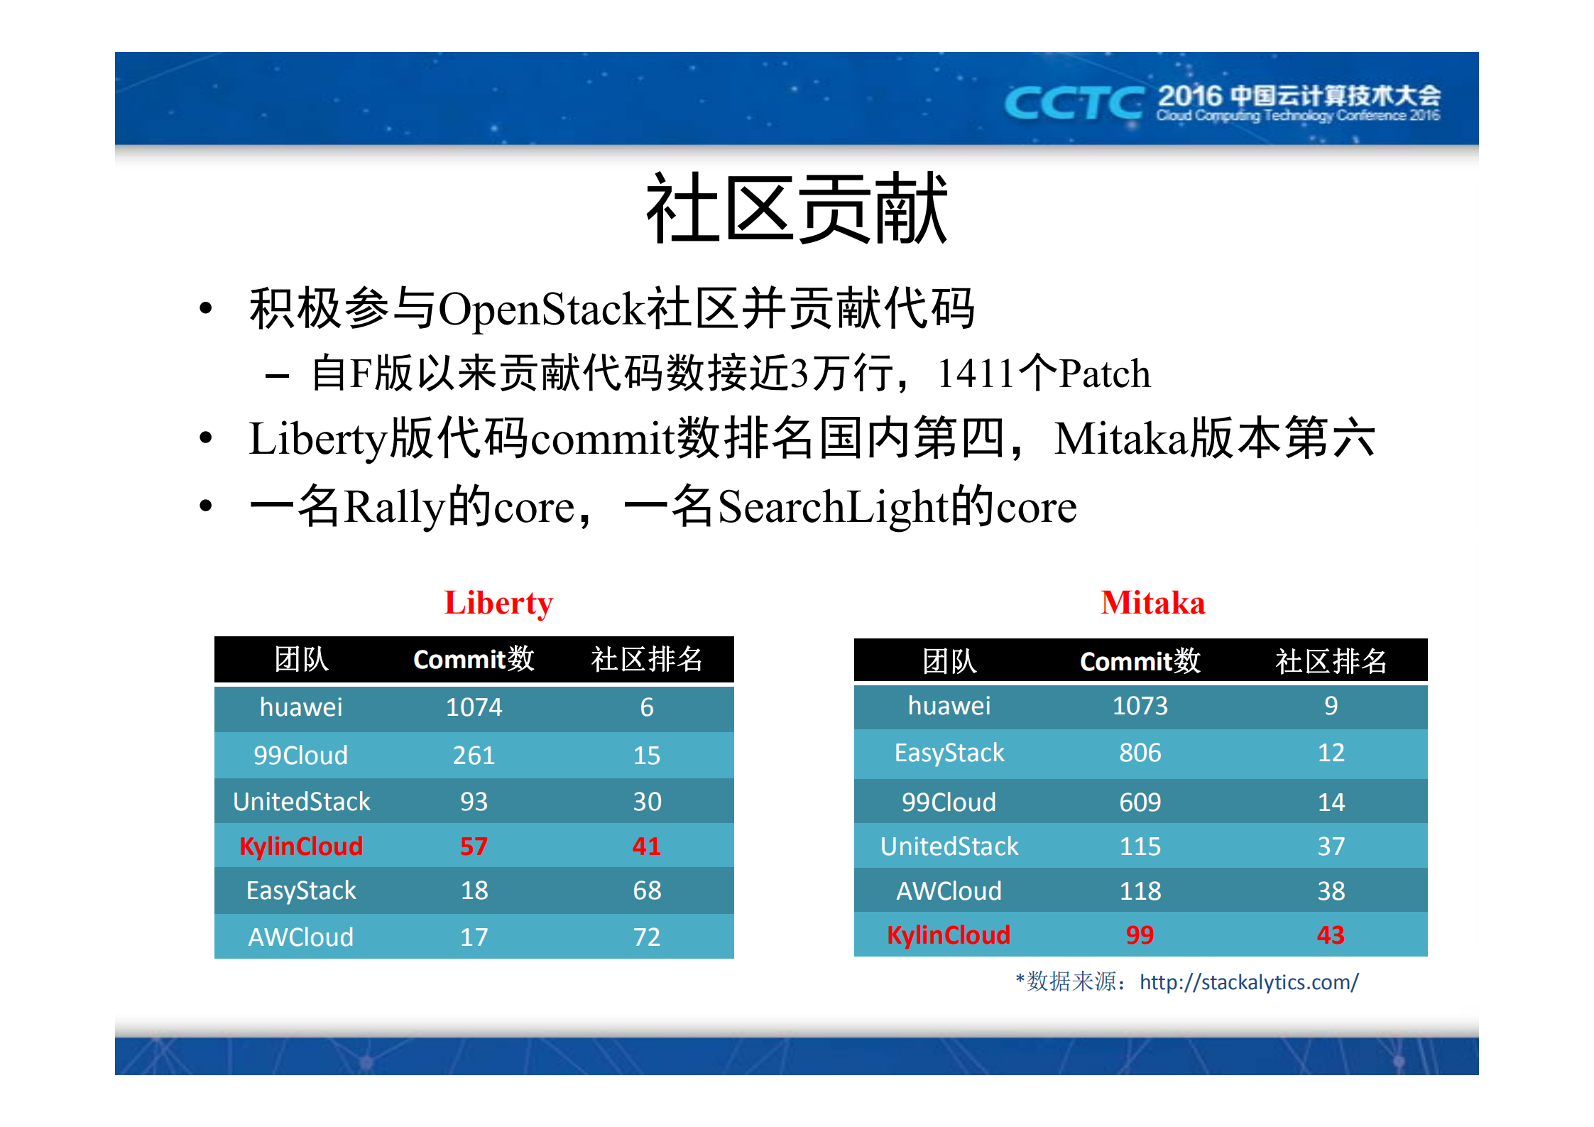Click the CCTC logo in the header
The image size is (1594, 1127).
click(x=1073, y=104)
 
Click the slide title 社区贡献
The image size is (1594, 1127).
click(x=796, y=209)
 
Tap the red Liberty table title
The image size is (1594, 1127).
click(x=498, y=603)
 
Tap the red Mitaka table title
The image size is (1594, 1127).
click(x=1152, y=603)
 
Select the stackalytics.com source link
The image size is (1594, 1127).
click(x=1248, y=982)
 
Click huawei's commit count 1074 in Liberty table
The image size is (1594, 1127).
click(x=474, y=707)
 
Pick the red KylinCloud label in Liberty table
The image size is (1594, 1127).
click(x=301, y=846)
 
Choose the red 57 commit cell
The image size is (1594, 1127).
click(x=474, y=846)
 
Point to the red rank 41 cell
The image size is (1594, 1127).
click(x=646, y=846)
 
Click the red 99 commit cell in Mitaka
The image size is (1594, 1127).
click(x=1140, y=935)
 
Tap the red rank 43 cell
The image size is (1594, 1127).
click(x=1331, y=935)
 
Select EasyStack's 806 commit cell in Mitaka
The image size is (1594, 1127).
click(x=1140, y=753)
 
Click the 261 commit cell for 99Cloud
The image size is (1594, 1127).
click(x=474, y=755)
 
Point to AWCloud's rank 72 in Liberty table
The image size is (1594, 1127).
click(x=646, y=937)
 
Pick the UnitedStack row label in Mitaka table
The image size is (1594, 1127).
click(x=949, y=846)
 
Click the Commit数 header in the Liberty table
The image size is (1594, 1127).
click(x=474, y=660)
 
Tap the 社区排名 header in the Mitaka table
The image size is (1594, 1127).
click(x=1331, y=662)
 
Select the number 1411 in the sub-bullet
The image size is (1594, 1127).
click(x=976, y=374)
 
